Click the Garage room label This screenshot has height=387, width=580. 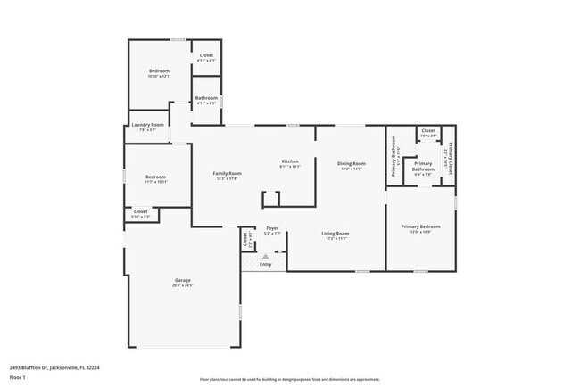coord(182,281)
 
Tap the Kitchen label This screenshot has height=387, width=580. coord(290,161)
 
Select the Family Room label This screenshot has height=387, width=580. coord(227,173)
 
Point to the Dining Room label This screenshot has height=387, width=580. coord(351,163)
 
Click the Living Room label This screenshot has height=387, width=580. coord(336,234)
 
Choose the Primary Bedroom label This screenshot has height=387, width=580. coord(420,226)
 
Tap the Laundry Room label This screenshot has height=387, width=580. coord(148,125)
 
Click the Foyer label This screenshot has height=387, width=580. coord(272,228)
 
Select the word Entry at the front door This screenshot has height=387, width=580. coord(266,264)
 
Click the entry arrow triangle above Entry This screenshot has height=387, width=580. coord(265,256)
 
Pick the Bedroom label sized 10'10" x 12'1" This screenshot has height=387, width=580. coord(159,70)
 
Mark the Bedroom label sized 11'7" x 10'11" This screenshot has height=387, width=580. coord(156,177)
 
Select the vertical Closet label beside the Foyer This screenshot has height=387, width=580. coord(245,239)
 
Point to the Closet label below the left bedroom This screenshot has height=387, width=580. coord(141,211)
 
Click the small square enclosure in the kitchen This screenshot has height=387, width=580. coord(270,198)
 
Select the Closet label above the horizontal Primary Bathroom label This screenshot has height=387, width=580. coord(428,131)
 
